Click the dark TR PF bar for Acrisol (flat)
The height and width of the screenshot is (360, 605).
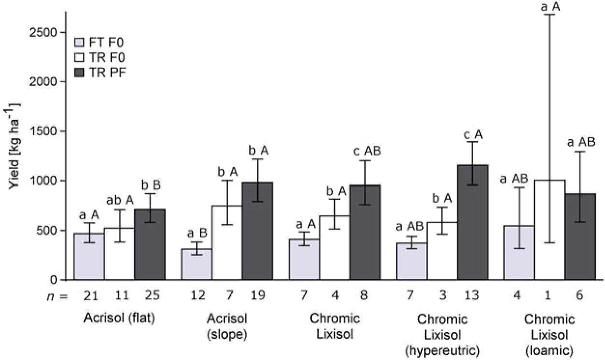coord(150,245)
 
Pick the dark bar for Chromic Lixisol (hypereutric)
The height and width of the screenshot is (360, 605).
coord(473,223)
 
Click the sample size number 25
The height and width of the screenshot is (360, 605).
coord(150,295)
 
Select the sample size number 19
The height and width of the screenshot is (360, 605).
coord(258,295)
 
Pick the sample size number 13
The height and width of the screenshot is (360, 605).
coord(473,295)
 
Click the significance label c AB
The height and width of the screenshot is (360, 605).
coord(367,151)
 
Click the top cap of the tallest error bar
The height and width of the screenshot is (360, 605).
coord(549,15)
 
